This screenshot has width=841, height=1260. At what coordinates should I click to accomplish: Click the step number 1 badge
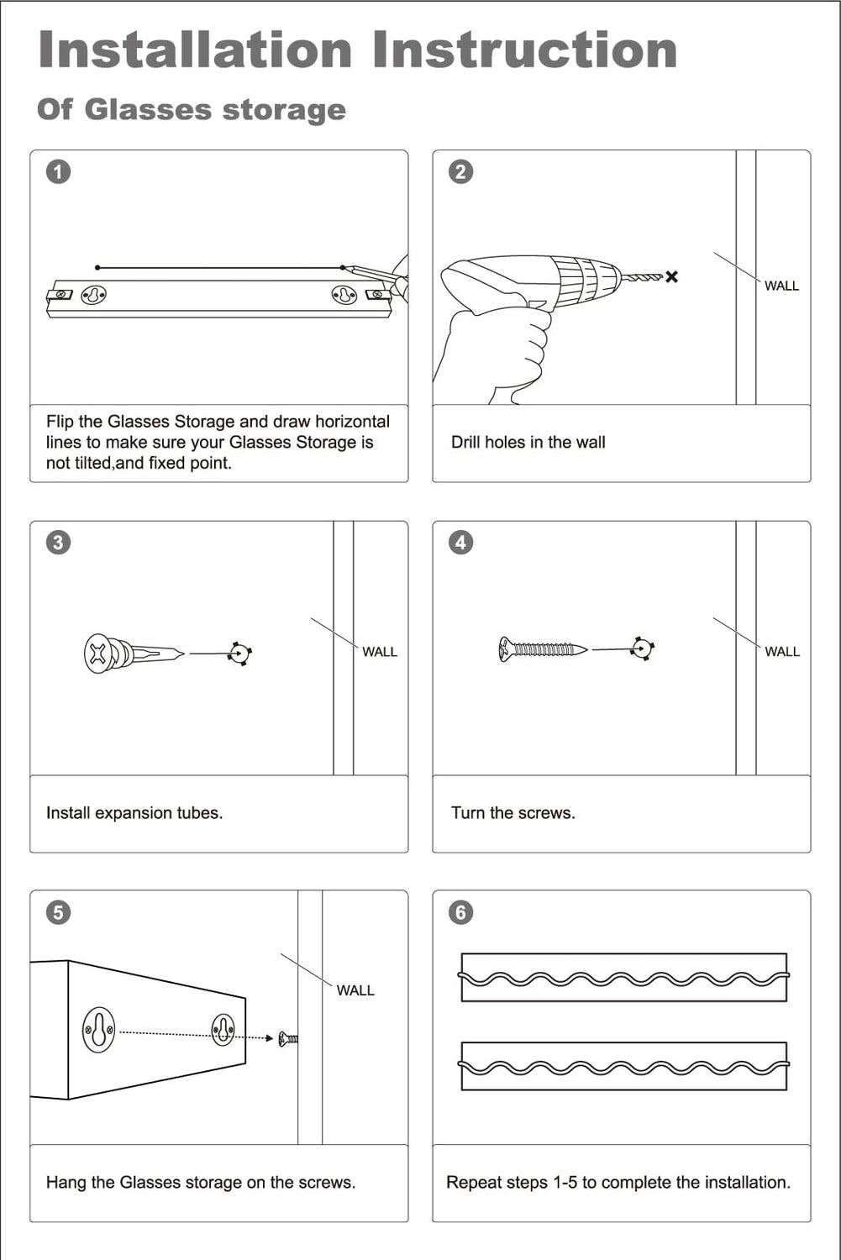pyautogui.click(x=58, y=172)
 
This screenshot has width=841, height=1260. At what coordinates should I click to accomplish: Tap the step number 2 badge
pyautogui.click(x=460, y=172)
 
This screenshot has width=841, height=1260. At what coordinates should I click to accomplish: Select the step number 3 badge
pyautogui.click(x=58, y=543)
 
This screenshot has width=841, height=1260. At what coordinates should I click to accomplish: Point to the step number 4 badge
pyautogui.click(x=460, y=543)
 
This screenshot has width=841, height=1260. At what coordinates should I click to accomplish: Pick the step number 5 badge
pyautogui.click(x=58, y=912)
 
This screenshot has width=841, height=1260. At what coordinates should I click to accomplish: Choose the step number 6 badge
pyautogui.click(x=460, y=912)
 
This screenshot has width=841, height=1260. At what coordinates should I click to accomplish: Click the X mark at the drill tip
pyautogui.click(x=671, y=276)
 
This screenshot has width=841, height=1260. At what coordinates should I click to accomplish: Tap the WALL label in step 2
pyautogui.click(x=781, y=286)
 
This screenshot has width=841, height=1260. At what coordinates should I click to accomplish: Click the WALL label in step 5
pyautogui.click(x=355, y=991)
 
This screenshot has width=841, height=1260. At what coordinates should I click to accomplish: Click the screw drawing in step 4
pyautogui.click(x=542, y=649)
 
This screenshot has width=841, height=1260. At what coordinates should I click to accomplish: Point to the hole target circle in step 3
pyautogui.click(x=240, y=653)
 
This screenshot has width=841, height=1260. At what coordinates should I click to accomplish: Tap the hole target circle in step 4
pyautogui.click(x=643, y=648)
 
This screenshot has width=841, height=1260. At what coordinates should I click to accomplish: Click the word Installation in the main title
pyautogui.click(x=195, y=50)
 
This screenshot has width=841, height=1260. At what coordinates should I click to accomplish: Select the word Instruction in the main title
pyautogui.click(x=525, y=50)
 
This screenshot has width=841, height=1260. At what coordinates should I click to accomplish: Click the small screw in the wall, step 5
pyautogui.click(x=288, y=1039)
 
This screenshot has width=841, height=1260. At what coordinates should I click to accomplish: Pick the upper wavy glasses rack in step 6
pyautogui.click(x=623, y=978)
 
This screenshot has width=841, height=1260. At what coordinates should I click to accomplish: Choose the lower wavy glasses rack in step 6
pyautogui.click(x=623, y=1067)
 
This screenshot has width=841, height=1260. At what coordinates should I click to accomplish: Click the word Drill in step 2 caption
pyautogui.click(x=465, y=443)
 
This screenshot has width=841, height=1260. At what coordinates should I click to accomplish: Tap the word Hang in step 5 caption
pyautogui.click(x=66, y=1183)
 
